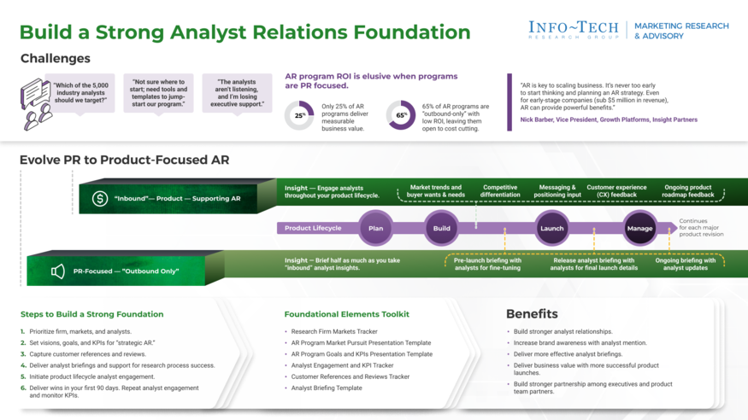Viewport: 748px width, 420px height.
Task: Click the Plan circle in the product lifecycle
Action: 375,228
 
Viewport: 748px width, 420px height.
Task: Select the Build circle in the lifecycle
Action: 441,228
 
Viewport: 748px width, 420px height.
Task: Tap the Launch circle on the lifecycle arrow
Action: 551,228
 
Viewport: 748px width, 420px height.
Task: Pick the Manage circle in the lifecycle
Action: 639,228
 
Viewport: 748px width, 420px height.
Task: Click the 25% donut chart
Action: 299,115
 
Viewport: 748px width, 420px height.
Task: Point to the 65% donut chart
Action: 401,115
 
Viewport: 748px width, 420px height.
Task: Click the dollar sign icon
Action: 100,199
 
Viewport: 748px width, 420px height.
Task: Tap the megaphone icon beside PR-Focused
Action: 58,271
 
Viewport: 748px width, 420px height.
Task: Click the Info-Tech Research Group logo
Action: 573,30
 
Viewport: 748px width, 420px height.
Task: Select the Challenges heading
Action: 55,59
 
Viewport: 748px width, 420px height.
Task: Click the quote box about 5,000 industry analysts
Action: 81,93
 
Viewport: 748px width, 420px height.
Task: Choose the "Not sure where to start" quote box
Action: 158,93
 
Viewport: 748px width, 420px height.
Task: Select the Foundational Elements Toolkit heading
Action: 346,314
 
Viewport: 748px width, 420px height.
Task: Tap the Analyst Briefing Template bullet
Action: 327,388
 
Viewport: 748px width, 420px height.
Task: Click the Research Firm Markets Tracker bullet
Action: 334,331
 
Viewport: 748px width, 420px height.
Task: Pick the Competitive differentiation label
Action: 500,192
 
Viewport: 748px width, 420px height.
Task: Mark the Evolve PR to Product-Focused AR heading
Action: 124,160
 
